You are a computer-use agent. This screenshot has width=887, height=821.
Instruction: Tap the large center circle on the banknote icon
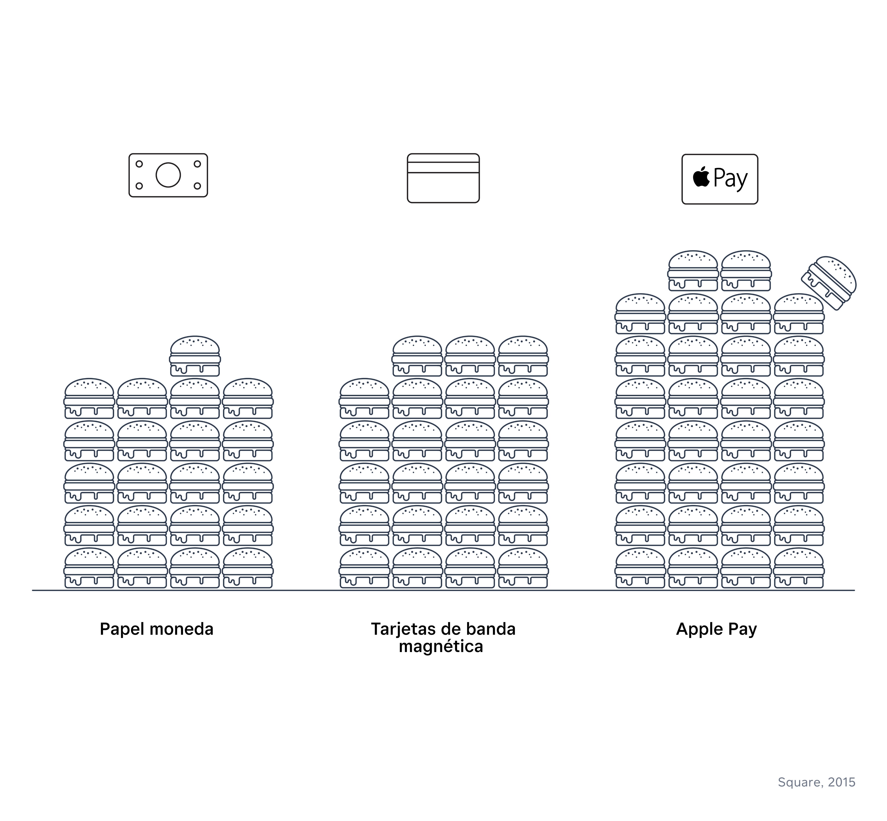pos(168,175)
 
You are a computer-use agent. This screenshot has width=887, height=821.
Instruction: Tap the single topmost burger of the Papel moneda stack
pos(195,356)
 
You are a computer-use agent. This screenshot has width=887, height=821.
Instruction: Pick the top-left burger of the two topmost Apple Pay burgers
pos(693,271)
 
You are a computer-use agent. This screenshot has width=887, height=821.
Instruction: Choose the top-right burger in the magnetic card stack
pos(523,356)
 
